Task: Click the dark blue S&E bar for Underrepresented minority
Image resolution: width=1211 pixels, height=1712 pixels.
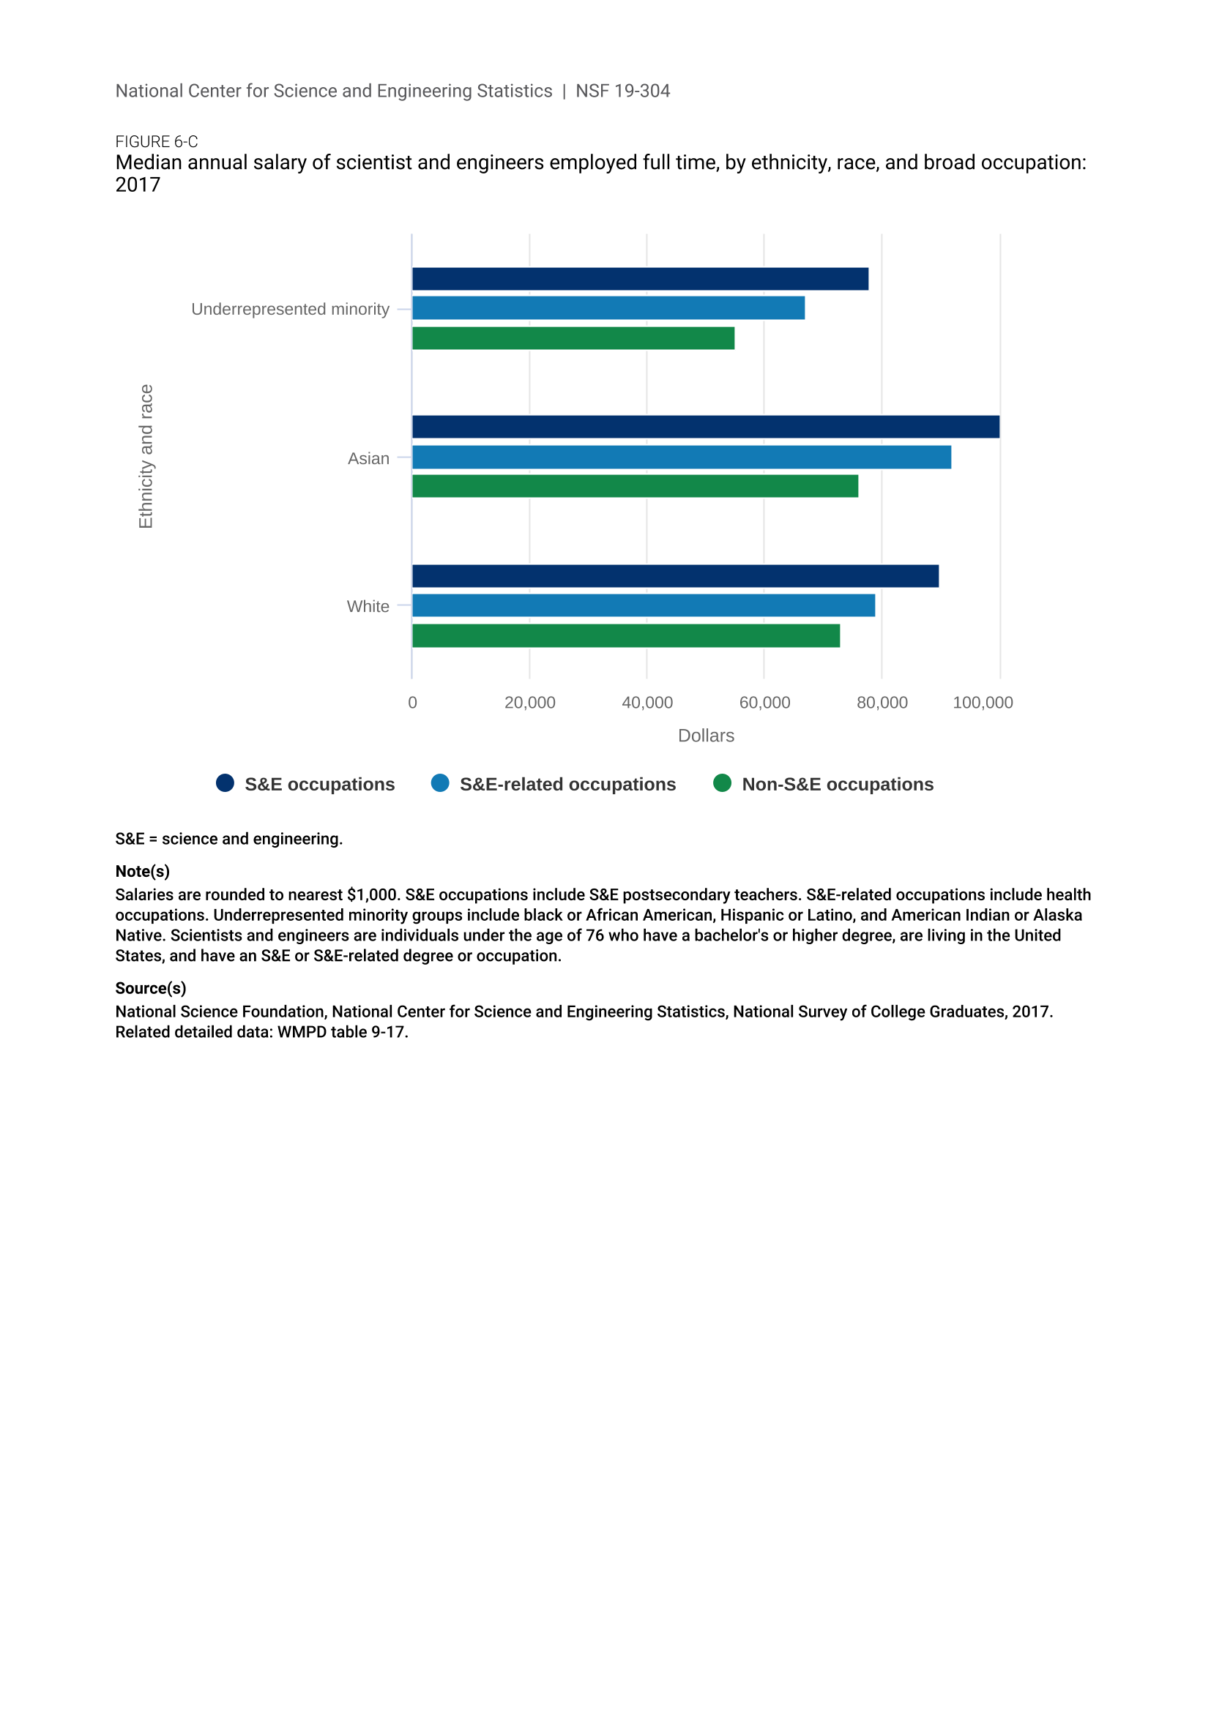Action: pos(640,279)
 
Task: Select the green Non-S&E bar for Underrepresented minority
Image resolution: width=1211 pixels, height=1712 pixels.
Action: pos(573,337)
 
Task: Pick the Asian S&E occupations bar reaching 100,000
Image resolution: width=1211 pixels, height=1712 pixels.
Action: pos(705,427)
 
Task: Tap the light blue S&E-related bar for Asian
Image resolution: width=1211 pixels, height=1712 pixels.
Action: pos(682,457)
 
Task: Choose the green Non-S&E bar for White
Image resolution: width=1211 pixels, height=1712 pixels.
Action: pos(625,635)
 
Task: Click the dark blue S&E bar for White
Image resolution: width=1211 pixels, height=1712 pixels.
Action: pos(675,575)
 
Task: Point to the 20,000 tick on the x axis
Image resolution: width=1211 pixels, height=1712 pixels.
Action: pos(529,703)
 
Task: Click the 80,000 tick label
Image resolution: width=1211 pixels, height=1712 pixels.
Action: pos(882,703)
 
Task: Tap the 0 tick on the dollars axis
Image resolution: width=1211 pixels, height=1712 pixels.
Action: pos(412,703)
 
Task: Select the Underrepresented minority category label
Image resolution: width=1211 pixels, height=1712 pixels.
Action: pos(290,309)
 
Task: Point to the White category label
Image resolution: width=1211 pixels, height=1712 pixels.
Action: pos(368,606)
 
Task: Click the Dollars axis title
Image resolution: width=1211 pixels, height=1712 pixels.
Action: pos(705,736)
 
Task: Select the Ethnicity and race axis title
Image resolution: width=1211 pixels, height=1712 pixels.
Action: pos(146,456)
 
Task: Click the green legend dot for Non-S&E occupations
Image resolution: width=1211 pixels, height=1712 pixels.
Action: pos(722,783)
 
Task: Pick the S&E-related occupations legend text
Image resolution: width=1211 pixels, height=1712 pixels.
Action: pos(567,785)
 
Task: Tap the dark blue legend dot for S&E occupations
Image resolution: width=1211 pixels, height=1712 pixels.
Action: pos(226,783)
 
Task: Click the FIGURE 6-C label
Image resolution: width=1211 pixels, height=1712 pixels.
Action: pos(157,142)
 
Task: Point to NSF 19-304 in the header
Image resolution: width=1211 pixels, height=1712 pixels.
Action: pos(622,91)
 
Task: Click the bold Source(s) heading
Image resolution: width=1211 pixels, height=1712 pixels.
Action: pos(151,988)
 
